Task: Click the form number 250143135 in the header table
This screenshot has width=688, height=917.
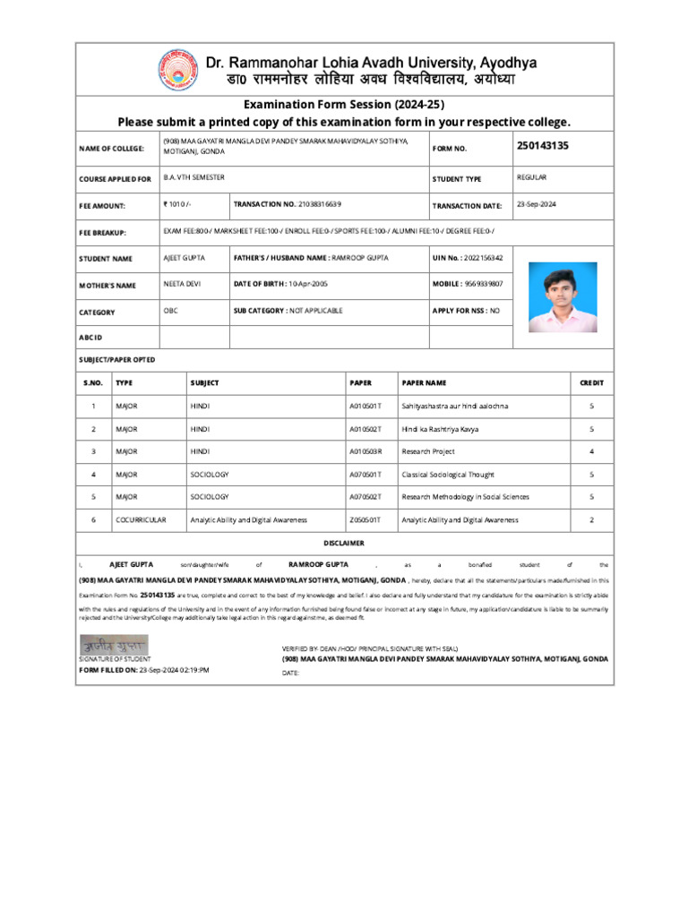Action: pyautogui.click(x=543, y=145)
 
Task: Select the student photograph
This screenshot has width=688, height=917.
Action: pyautogui.click(x=562, y=296)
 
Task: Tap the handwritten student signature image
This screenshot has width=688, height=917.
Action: pyautogui.click(x=114, y=645)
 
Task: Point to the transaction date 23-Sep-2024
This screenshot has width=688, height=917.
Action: pyautogui.click(x=537, y=204)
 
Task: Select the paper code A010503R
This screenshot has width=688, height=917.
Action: pyautogui.click(x=365, y=451)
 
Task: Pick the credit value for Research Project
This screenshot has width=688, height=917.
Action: pyautogui.click(x=591, y=451)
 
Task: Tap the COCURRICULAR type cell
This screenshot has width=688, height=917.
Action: pyautogui.click(x=136, y=519)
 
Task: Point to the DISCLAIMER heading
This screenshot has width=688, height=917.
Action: pyautogui.click(x=344, y=543)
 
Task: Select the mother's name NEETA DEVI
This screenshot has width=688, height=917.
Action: pyautogui.click(x=181, y=284)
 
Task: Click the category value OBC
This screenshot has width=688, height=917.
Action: pyautogui.click(x=170, y=311)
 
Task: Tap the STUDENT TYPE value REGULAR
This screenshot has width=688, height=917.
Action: pyautogui.click(x=532, y=177)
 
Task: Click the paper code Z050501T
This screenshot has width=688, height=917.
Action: pyautogui.click(x=365, y=519)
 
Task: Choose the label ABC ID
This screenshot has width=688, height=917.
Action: pyautogui.click(x=91, y=338)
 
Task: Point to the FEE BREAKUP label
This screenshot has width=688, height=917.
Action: pyautogui.click(x=103, y=233)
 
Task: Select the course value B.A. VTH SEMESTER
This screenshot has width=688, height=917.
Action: pyautogui.click(x=194, y=177)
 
